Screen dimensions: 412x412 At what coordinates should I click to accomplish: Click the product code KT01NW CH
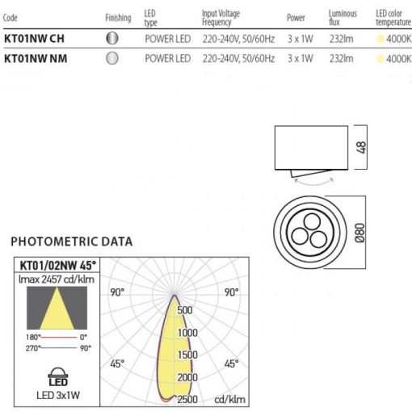[x=34, y=39]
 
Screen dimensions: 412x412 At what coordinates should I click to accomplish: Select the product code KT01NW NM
[x=36, y=59]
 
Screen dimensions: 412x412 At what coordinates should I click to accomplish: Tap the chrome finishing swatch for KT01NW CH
[x=112, y=38]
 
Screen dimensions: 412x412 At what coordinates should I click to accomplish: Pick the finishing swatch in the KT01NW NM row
[x=112, y=58]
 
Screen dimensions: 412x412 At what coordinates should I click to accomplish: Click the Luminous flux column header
[x=343, y=18]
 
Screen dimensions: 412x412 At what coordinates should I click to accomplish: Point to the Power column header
[x=296, y=18]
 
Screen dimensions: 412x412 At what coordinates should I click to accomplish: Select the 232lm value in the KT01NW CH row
[x=341, y=39]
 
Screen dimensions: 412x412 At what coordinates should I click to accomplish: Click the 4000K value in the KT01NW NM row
[x=398, y=59]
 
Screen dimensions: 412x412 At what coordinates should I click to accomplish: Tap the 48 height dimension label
[x=361, y=148]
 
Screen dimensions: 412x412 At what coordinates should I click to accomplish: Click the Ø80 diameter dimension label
[x=359, y=233]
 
